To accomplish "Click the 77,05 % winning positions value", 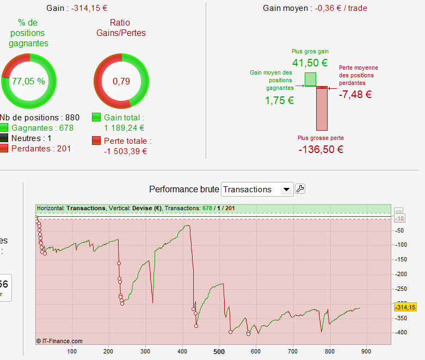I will pyautogui.click(x=28, y=81).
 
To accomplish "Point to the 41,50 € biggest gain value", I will pyautogui.click(x=310, y=63).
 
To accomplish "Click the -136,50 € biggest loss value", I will pyautogui.click(x=321, y=149).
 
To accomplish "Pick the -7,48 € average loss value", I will pyautogui.click(x=355, y=94).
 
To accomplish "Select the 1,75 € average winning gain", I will pyautogui.click(x=279, y=100).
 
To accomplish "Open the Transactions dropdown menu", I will pyautogui.click(x=286, y=190).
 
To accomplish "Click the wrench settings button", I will pyautogui.click(x=300, y=189).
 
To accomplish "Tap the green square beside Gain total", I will pyautogui.click(x=96, y=118).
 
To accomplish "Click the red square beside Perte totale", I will pyautogui.click(x=96, y=141).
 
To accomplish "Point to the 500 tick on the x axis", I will pyautogui.click(x=219, y=351).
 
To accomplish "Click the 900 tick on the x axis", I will pyautogui.click(x=366, y=351).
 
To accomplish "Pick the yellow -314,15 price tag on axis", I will pyautogui.click(x=404, y=308).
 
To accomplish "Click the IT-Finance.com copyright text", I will pyautogui.click(x=59, y=341).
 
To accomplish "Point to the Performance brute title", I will pyautogui.click(x=184, y=190).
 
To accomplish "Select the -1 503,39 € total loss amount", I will pyautogui.click(x=125, y=151).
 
